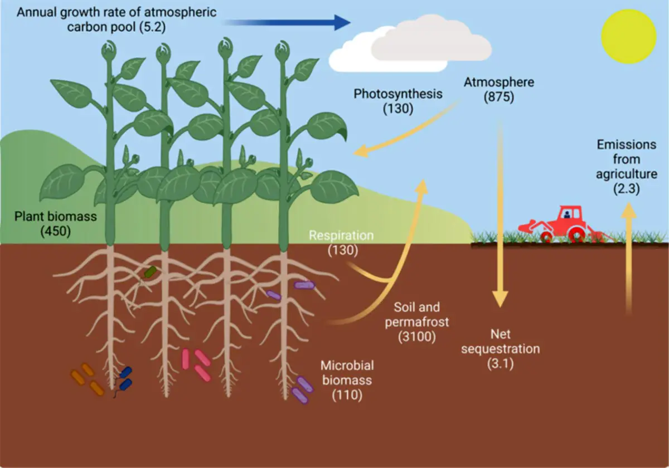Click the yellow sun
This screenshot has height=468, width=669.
tap(628, 36)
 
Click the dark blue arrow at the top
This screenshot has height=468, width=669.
tap(287, 23)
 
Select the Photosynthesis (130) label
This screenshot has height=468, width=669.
tap(398, 101)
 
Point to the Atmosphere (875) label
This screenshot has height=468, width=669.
tap(499, 90)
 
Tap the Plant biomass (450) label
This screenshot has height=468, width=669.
tap(56, 224)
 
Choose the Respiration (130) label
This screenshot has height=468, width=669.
tap(341, 243)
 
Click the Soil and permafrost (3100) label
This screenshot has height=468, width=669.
tap(417, 322)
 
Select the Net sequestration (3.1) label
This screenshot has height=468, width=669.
tap(501, 349)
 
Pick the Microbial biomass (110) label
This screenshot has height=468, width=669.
tap(347, 380)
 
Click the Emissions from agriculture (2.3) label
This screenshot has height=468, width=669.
tap(627, 167)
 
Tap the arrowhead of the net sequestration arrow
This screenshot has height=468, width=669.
tap(500, 299)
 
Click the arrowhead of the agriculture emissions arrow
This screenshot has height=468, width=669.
tap(628, 210)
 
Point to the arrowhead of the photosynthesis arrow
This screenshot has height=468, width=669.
tap(361, 152)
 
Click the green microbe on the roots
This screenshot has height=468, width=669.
tap(150, 271)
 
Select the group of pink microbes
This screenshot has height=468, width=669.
tap(196, 365)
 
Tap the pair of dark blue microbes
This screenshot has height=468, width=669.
tap(125, 378)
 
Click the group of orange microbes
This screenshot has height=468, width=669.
tap(87, 379)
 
